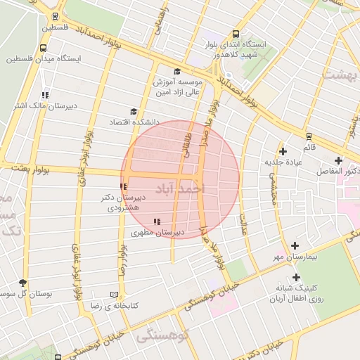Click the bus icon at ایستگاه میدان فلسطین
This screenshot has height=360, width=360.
[x=44, y=49]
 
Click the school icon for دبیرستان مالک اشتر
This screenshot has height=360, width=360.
[x=45, y=95]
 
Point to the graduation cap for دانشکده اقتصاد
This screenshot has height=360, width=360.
[x=134, y=111]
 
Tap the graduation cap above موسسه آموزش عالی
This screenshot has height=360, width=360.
[x=177, y=71]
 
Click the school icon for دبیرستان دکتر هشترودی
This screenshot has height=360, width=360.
[x=123, y=186]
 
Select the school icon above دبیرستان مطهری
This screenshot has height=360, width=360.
[x=156, y=221]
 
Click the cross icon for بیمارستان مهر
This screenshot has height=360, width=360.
[x=295, y=245]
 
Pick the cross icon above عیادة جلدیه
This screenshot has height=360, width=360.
[x=283, y=151]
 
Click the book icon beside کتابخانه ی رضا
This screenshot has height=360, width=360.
[x=115, y=295]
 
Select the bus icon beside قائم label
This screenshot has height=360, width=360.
[x=308, y=136]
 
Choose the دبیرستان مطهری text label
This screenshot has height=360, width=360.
[x=157, y=232]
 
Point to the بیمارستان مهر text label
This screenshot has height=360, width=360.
[x=295, y=257]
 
